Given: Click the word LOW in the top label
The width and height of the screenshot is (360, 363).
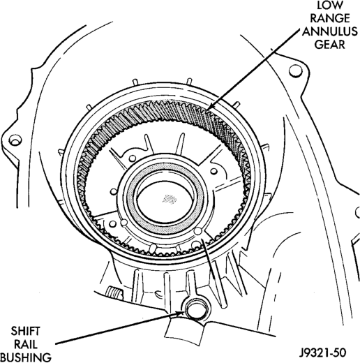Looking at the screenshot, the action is click(x=330, y=5).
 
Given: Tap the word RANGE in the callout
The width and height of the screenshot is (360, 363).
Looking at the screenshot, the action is click(x=330, y=18).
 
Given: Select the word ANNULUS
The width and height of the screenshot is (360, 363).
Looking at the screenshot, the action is click(x=330, y=31).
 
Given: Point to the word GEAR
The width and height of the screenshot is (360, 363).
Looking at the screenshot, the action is click(x=330, y=45).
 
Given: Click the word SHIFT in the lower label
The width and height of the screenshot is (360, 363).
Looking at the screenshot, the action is click(x=26, y=332).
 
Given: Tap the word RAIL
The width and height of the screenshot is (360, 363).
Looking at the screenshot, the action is click(x=26, y=344).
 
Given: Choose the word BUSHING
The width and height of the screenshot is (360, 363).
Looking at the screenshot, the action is click(x=26, y=357).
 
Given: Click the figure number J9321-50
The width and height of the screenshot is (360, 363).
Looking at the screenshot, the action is click(x=322, y=353).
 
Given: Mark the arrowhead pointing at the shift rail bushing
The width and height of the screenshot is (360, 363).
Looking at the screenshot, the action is click(x=179, y=313).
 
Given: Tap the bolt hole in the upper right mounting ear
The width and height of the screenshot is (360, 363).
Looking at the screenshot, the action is click(x=296, y=71).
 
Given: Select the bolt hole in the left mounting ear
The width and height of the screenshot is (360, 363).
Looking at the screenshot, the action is click(x=15, y=140).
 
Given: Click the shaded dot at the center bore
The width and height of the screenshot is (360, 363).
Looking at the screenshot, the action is click(x=170, y=199).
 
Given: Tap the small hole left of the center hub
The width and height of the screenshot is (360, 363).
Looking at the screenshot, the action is click(x=114, y=191).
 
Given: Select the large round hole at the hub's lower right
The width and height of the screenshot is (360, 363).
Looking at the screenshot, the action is click(x=198, y=231).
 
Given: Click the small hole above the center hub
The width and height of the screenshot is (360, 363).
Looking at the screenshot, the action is click(x=132, y=158).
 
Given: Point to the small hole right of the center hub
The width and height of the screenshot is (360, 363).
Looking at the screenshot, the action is click(x=213, y=172).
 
